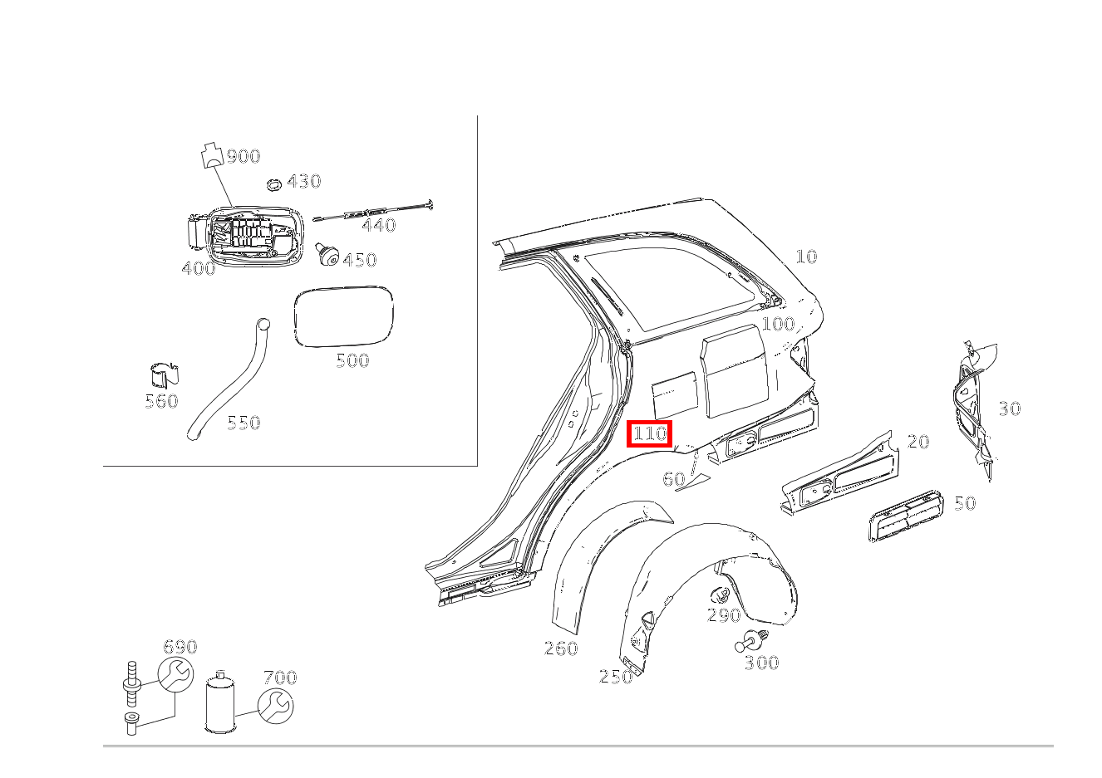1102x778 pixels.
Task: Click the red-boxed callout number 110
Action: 649,433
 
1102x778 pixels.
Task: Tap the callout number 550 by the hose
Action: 244,423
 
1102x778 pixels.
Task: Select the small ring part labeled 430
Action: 273,183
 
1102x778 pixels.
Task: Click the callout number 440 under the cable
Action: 378,225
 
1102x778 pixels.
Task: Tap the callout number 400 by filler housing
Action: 198,268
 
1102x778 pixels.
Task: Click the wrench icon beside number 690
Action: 175,675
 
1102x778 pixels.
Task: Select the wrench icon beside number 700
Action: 275,706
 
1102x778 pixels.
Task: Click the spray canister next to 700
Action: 221,703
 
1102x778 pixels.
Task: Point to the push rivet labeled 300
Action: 750,642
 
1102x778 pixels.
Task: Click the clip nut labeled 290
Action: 720,595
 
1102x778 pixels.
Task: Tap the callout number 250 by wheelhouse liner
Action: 616,677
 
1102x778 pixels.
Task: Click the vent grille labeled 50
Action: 905,517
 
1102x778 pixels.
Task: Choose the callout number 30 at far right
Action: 1009,409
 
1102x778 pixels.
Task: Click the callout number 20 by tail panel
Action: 918,442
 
